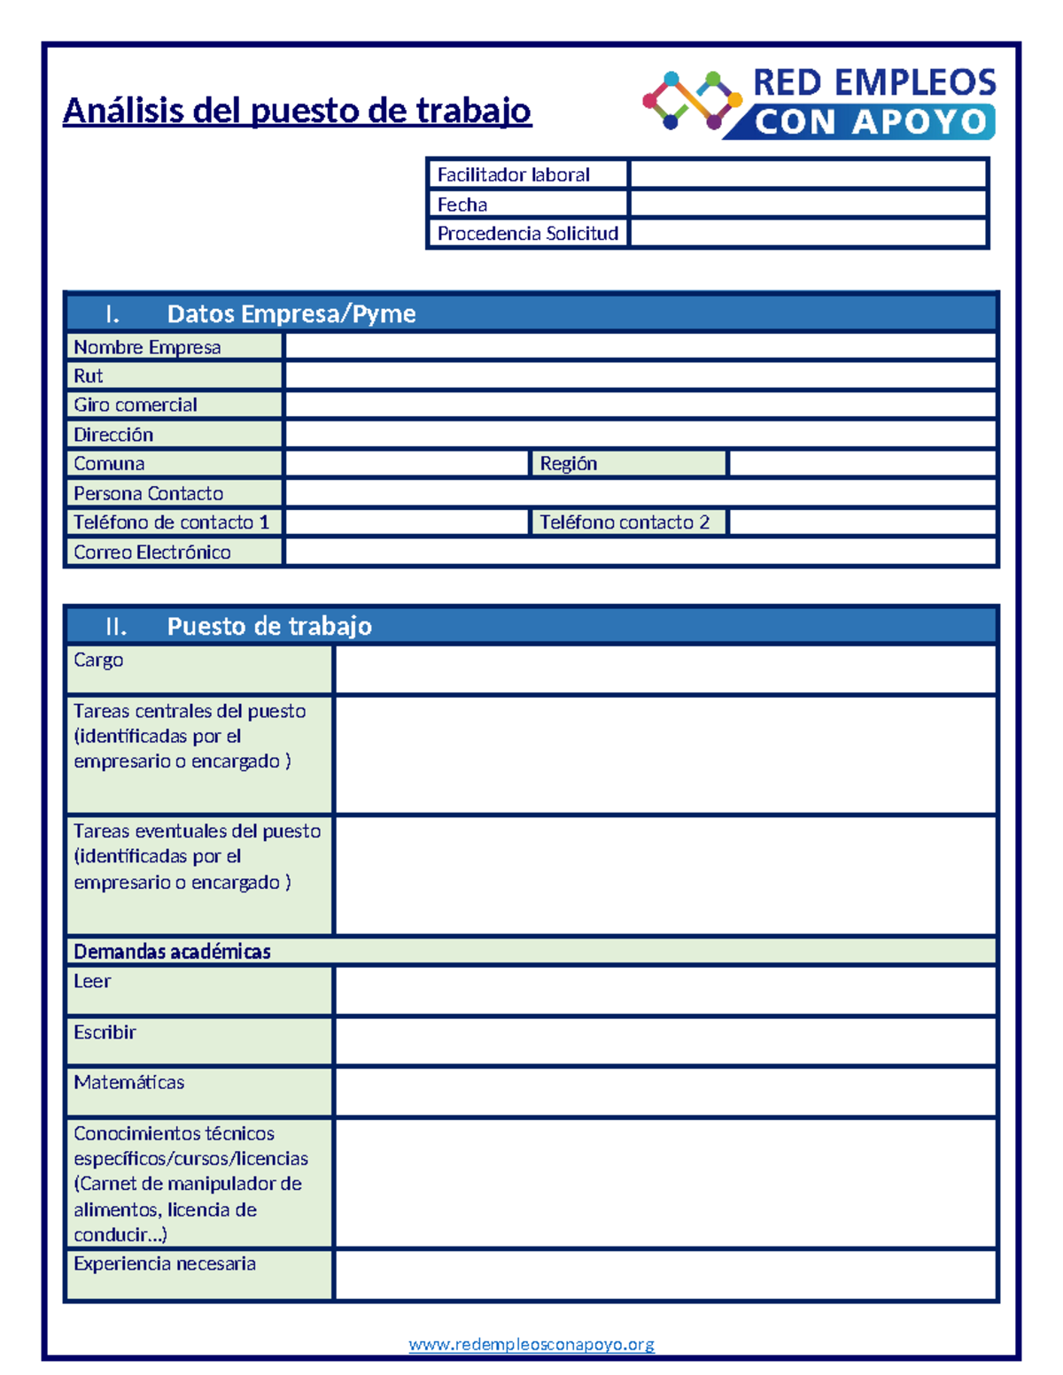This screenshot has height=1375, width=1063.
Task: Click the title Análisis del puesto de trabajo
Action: [x=297, y=111]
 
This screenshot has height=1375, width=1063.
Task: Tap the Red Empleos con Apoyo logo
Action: [x=819, y=103]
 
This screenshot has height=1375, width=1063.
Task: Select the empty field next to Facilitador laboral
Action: [x=808, y=174]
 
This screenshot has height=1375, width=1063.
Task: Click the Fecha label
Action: [x=462, y=205]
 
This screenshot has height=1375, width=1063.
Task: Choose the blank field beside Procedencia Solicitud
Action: [x=808, y=234]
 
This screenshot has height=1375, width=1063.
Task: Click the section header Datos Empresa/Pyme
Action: [x=291, y=313]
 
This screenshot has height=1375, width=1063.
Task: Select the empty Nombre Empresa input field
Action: [x=640, y=346]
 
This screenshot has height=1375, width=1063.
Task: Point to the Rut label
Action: [x=89, y=376]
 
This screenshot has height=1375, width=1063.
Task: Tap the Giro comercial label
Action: [x=136, y=406]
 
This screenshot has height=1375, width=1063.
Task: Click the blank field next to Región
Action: [x=862, y=464]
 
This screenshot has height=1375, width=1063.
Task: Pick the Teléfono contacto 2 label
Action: [x=625, y=522]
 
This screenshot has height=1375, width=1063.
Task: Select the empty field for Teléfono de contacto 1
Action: [x=406, y=522]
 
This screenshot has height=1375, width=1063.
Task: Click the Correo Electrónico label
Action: [x=152, y=552]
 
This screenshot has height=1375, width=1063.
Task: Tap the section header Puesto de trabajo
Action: [x=269, y=626]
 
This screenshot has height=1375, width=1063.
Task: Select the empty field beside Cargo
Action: [x=665, y=669]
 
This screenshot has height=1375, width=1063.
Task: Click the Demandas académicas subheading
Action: [x=173, y=952]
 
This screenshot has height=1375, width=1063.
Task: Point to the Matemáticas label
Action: [x=129, y=1083]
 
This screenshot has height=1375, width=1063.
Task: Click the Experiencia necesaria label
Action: [x=165, y=1264]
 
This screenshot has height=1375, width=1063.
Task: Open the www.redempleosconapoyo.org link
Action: [x=531, y=1344]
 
